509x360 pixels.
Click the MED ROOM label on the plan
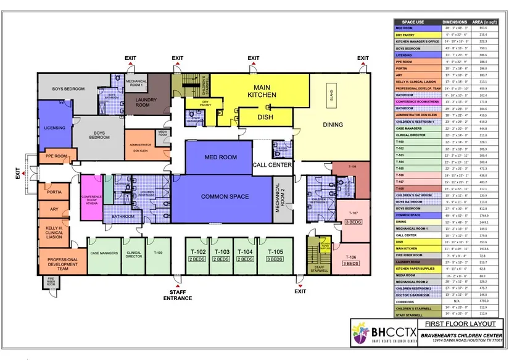[x=220, y=157]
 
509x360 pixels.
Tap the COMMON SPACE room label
[x=225, y=196]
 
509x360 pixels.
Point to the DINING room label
[x=333, y=125]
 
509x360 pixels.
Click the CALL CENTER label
[x=271, y=165]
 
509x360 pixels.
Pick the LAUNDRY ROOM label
[x=143, y=103]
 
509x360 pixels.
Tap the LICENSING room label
[x=54, y=128]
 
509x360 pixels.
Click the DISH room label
[x=265, y=117]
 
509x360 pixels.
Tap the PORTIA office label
[x=52, y=192]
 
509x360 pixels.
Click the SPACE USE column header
[x=413, y=22]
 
